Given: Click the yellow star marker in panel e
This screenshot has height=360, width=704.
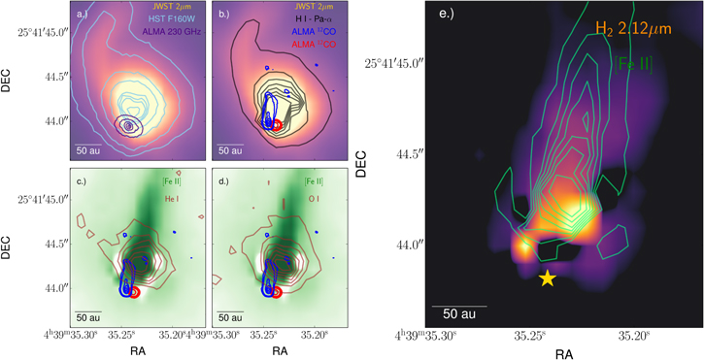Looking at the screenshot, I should point(548,278).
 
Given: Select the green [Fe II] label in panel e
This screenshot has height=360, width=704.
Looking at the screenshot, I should point(633,65).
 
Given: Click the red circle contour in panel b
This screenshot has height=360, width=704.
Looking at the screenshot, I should point(279,126).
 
